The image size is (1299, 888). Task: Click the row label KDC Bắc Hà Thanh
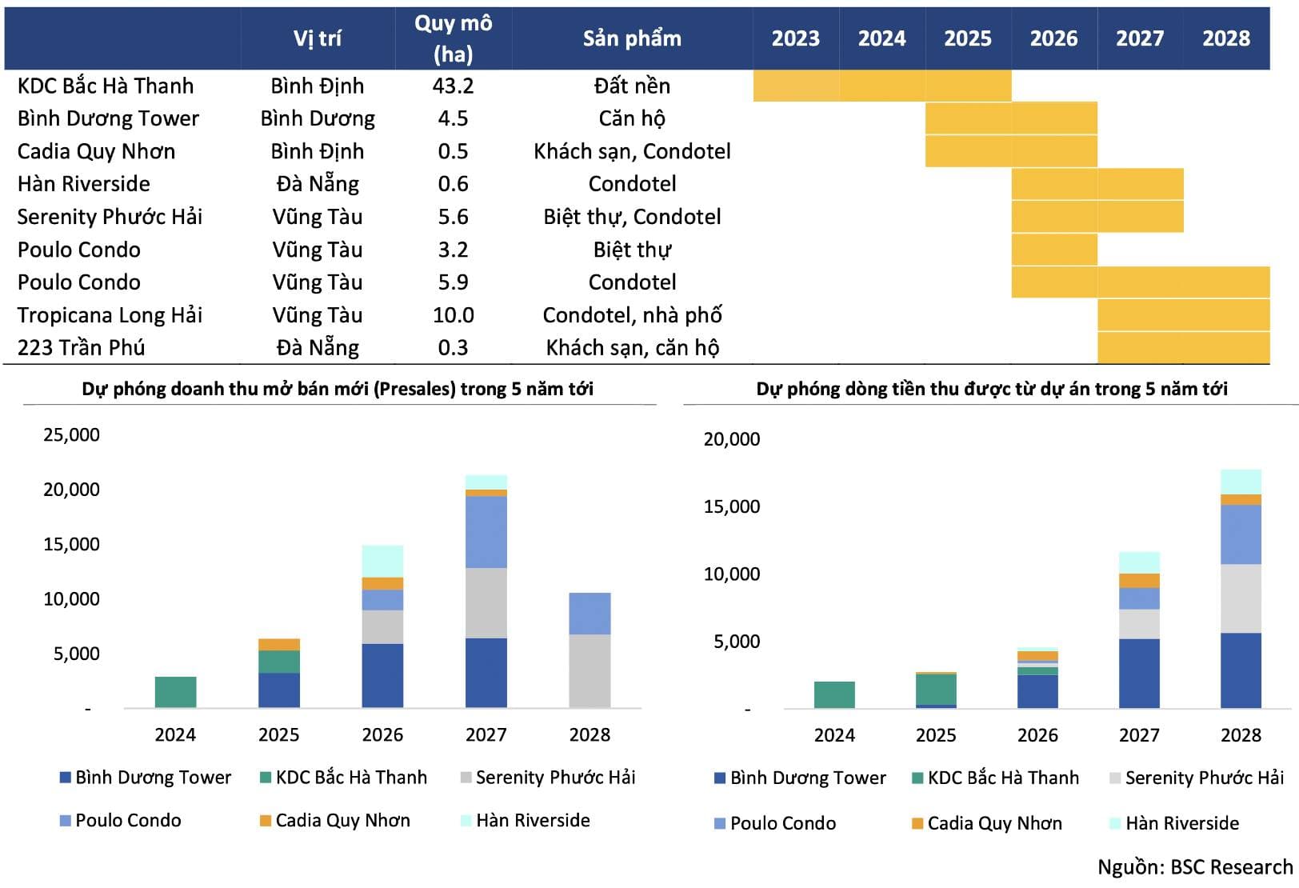106,86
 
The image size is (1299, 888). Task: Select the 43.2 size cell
453,86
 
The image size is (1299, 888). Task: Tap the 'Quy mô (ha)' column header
453,38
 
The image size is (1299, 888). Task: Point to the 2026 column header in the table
1053,38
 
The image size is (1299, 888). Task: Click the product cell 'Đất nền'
632,86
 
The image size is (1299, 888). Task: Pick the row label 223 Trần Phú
81,347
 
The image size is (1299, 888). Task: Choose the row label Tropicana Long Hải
110,314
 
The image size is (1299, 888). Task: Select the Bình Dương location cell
318,118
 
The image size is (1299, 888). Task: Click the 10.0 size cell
453,314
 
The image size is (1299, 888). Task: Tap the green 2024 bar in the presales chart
175,692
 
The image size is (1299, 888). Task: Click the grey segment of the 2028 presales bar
590,670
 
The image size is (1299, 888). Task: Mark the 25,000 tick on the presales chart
71,434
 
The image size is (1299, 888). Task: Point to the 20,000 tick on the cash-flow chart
731,438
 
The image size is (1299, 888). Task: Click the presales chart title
338,389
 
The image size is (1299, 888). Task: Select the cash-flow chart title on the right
992,389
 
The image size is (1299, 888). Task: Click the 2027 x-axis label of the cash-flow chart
1139,734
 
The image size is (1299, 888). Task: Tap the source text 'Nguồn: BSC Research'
1195,867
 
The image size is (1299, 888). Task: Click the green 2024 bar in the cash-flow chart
834,694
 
